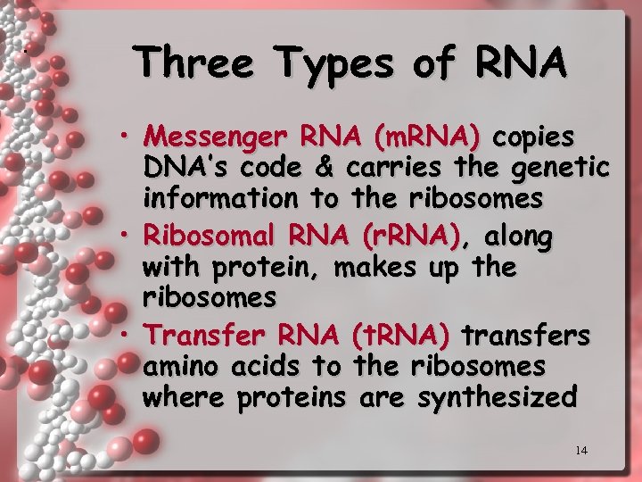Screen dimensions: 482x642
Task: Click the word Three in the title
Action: (x=198, y=63)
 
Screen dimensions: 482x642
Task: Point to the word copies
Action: (x=534, y=138)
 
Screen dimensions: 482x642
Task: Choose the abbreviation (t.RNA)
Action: (x=399, y=336)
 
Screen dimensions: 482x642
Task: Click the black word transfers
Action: (x=525, y=336)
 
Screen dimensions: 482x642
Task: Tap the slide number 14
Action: (x=580, y=451)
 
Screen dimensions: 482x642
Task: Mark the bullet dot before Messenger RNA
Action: (x=129, y=136)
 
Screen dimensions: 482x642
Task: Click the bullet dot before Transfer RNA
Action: (x=129, y=334)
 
